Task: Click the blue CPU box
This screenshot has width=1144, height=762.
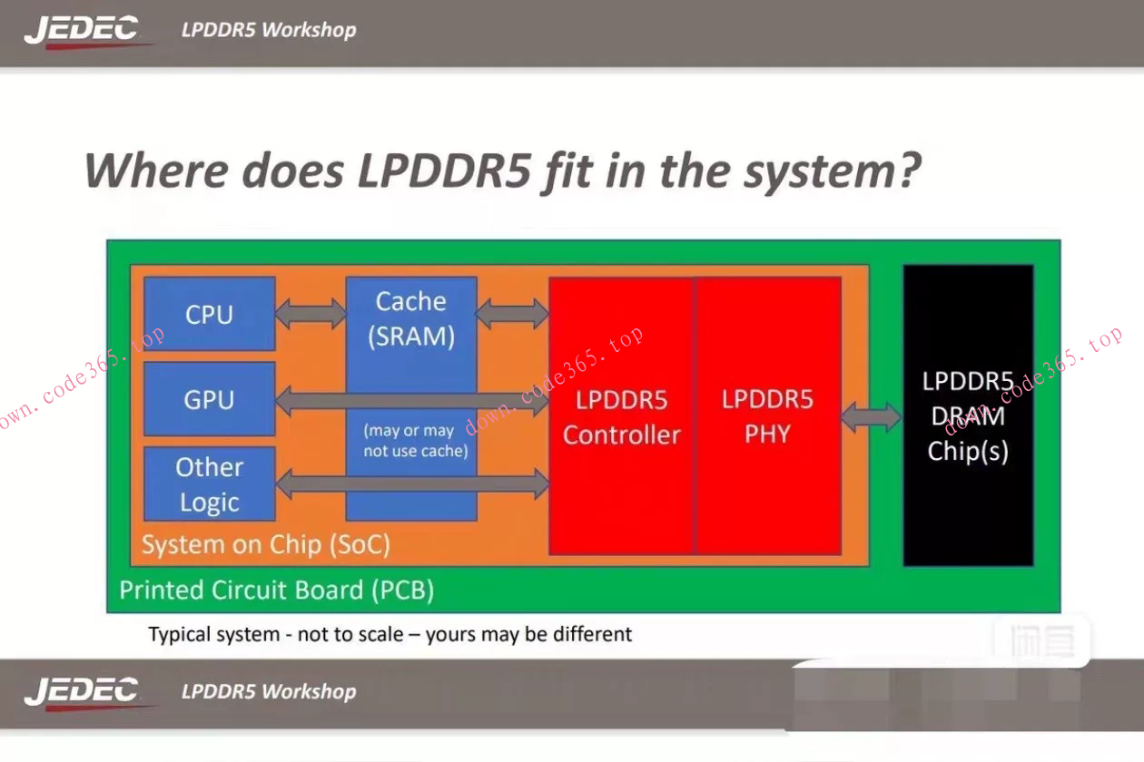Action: pyautogui.click(x=210, y=314)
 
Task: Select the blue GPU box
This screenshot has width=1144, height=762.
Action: pyautogui.click(x=210, y=399)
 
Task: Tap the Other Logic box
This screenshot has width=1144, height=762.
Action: pyautogui.click(x=210, y=484)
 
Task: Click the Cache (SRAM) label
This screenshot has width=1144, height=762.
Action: pyautogui.click(x=411, y=318)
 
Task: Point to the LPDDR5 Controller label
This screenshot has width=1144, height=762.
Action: pyautogui.click(x=621, y=417)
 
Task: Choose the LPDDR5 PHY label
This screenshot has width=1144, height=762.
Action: pyautogui.click(x=767, y=417)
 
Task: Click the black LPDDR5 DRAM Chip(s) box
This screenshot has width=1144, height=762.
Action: pyautogui.click(x=968, y=415)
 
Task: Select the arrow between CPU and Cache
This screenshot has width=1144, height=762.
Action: pyautogui.click(x=311, y=314)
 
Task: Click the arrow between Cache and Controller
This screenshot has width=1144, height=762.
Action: pyautogui.click(x=512, y=314)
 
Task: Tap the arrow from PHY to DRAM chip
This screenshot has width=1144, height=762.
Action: pyautogui.click(x=871, y=417)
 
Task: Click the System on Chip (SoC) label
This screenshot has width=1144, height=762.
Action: pyautogui.click(x=266, y=545)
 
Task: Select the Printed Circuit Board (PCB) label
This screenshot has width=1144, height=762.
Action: pyautogui.click(x=277, y=591)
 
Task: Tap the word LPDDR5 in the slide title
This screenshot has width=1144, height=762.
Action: pyautogui.click(x=444, y=171)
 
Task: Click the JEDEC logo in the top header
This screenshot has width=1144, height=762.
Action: pyautogui.click(x=82, y=30)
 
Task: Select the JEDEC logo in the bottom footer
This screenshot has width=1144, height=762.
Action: pyautogui.click(x=82, y=691)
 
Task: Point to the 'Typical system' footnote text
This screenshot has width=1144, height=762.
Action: pyautogui.click(x=390, y=634)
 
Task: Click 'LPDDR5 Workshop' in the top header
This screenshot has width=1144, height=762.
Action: pyautogui.click(x=269, y=30)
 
